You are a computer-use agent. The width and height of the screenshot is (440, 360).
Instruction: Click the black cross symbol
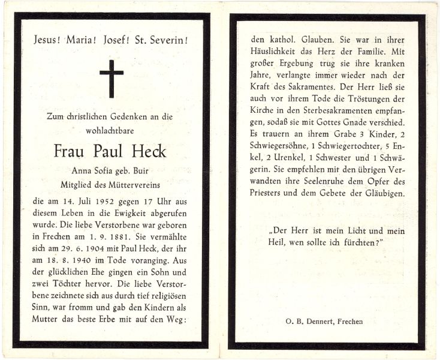(x=111, y=78)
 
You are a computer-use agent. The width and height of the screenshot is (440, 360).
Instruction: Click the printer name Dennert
(x=323, y=322)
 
